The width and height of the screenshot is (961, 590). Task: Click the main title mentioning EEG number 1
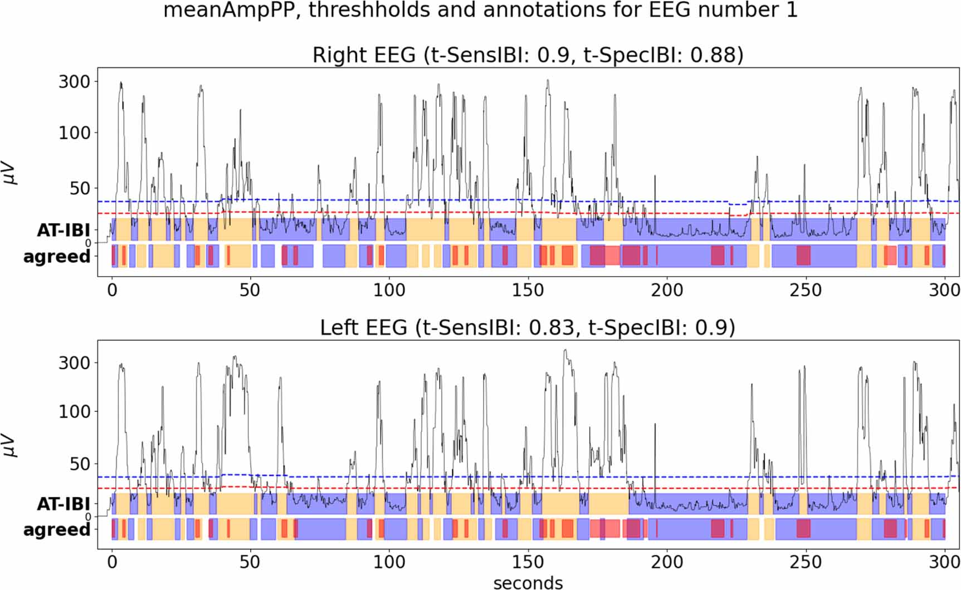tap(480, 10)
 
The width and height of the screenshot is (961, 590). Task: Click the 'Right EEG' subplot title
tap(528, 55)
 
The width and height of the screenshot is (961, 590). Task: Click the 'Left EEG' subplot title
tap(527, 327)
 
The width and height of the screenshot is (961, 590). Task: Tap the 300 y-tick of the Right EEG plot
tap(74, 82)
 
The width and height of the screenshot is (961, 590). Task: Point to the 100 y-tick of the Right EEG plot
tap(74, 133)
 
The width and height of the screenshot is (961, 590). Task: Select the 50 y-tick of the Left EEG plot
tap(79, 464)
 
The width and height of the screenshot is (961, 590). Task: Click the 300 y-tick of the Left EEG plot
tap(74, 363)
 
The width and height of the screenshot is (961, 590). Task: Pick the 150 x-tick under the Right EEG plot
tap(528, 290)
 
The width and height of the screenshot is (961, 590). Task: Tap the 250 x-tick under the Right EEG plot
tap(805, 290)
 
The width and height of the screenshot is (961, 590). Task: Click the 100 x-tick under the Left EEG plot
tap(389, 562)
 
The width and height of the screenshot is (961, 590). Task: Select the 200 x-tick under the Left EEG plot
tap(666, 562)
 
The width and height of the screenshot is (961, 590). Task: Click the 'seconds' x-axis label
tap(528, 582)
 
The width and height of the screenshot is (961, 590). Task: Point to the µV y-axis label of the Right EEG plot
tap(11, 174)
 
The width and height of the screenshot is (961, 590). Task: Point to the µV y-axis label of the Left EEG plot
tap(11, 445)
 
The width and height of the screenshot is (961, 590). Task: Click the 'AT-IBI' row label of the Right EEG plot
tap(63, 230)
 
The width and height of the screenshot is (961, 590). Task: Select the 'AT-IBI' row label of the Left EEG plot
tap(63, 504)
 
